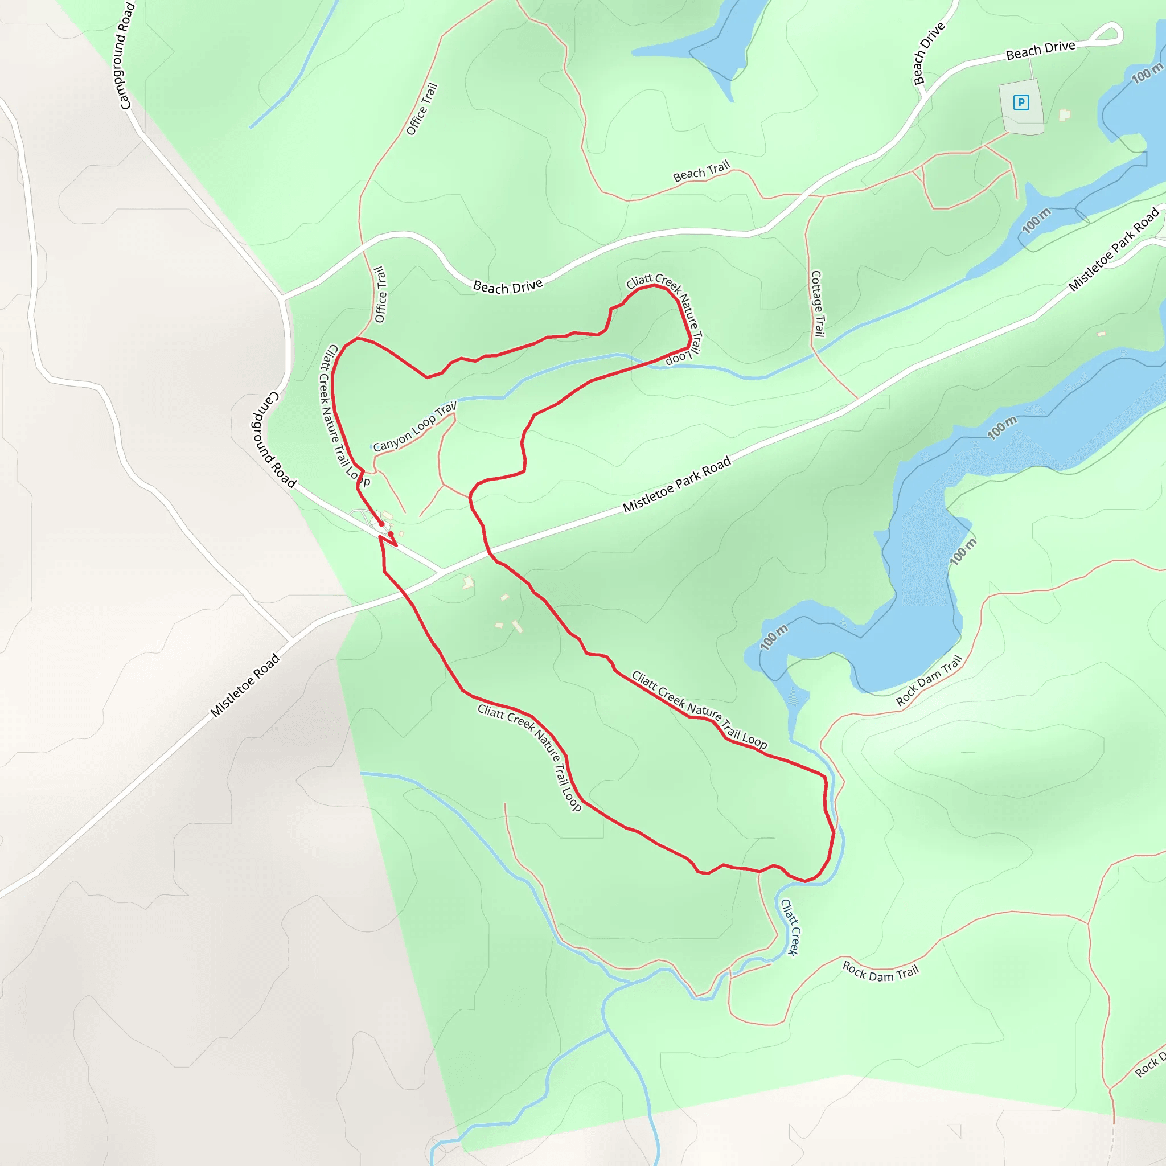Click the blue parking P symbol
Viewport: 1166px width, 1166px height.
point(1021,102)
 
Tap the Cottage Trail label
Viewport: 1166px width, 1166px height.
point(816,303)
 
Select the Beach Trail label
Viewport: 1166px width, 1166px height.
point(701,171)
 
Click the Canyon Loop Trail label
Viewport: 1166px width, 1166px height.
point(414,428)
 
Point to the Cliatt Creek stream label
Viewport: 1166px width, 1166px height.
point(790,927)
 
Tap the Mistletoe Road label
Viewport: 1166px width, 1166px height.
point(244,685)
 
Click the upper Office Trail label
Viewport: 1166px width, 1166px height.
point(421,109)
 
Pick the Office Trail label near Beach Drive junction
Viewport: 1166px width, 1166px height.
point(380,294)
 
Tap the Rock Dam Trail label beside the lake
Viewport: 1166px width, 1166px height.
point(929,681)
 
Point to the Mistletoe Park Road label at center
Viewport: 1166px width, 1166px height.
point(676,485)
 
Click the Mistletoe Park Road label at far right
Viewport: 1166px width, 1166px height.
point(1114,249)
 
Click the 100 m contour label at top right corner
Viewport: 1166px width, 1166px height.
point(1147,73)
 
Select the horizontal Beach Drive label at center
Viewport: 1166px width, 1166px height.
point(507,287)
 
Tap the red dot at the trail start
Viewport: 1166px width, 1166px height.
point(381,524)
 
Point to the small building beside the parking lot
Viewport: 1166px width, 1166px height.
point(1065,114)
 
